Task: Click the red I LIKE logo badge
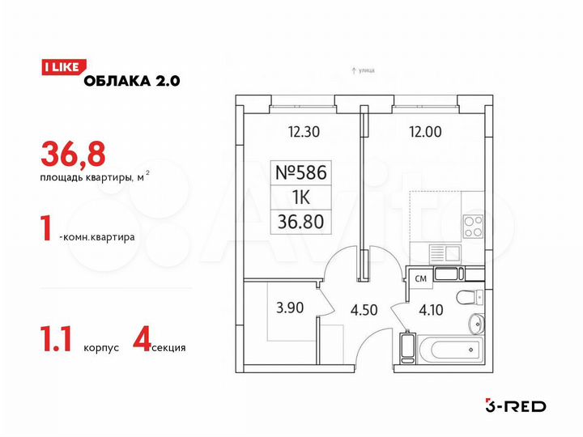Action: tap(60, 68)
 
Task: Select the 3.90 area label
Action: tap(291, 308)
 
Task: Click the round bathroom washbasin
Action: tap(476, 325)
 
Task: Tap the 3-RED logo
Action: tap(514, 405)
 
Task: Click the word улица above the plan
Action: tap(365, 72)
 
